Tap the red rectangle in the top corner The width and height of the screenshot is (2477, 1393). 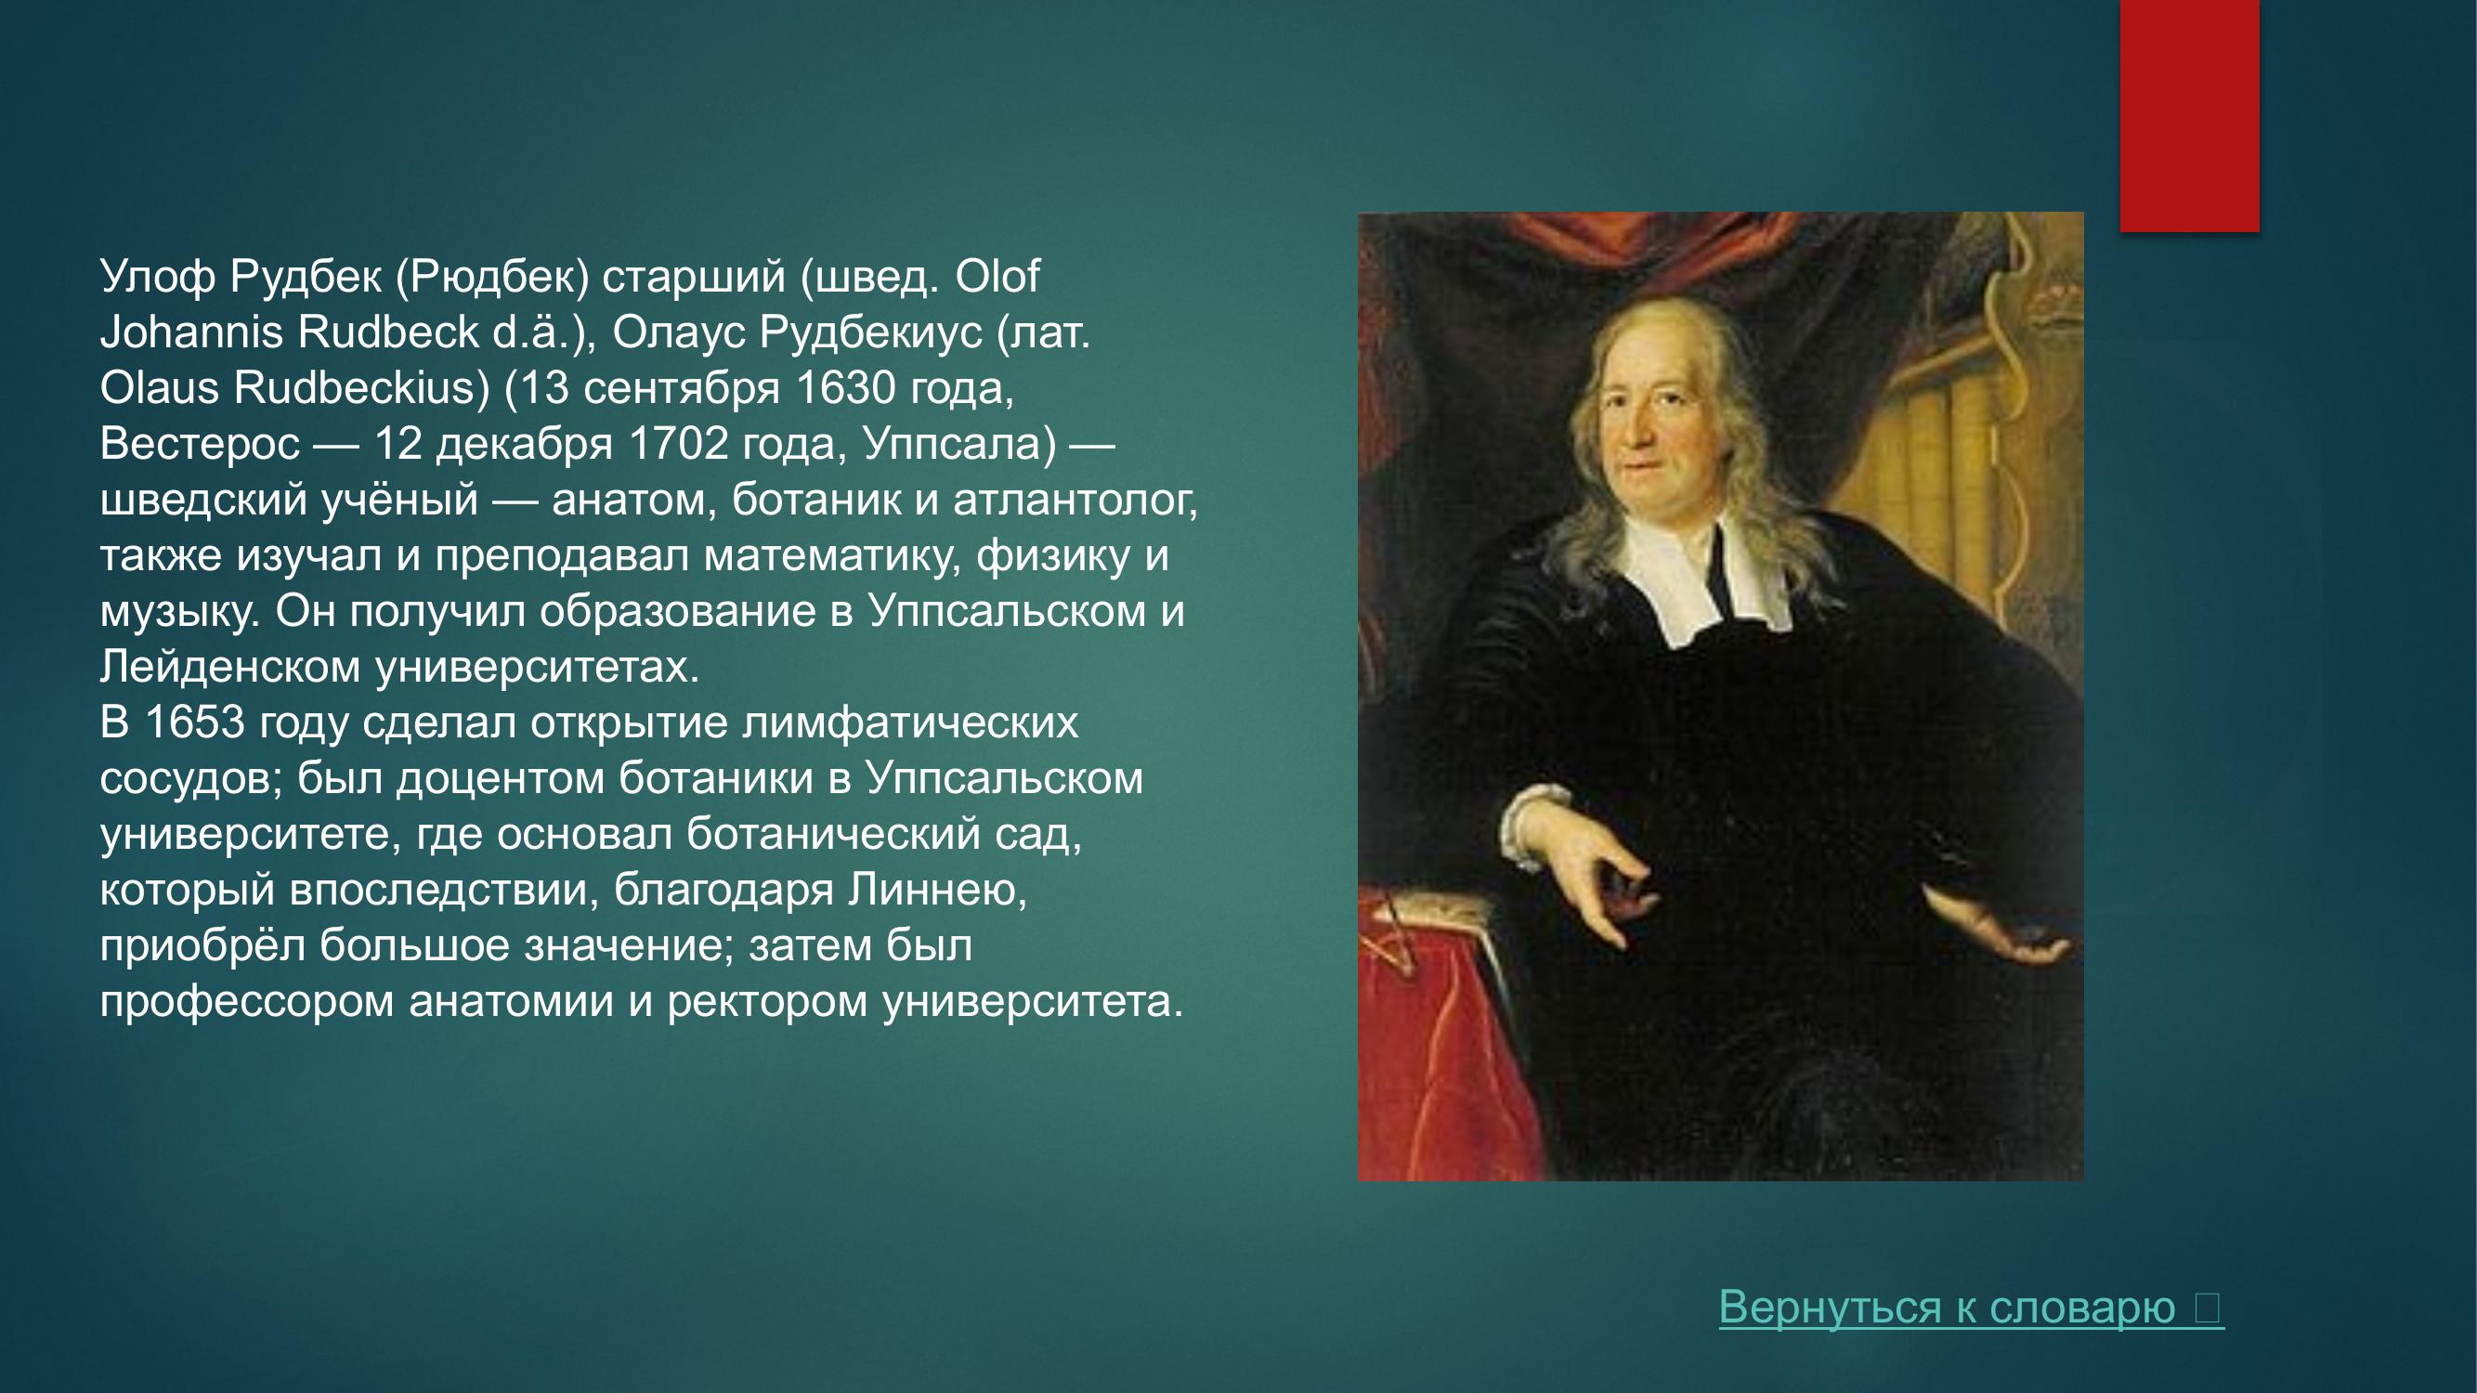point(2189,115)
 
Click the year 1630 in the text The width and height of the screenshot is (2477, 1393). point(845,388)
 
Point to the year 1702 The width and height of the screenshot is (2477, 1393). point(678,444)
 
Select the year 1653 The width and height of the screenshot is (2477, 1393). point(194,723)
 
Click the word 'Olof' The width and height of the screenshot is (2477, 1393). point(997,277)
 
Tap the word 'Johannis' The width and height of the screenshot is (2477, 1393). point(190,332)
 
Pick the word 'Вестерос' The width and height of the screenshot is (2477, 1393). point(200,444)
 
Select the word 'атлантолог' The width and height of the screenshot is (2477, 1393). point(1073,500)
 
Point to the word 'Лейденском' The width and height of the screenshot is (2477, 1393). point(229,667)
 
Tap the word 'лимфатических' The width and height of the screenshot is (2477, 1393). point(909,723)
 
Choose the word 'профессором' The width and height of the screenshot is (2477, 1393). point(247,1002)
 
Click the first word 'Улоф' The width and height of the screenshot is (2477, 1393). point(157,277)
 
